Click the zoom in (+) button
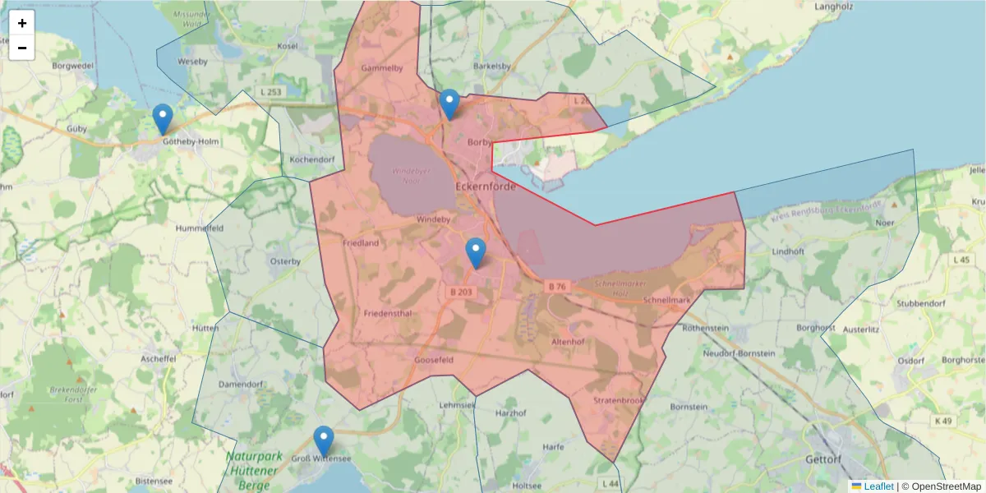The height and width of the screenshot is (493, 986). (x=22, y=23)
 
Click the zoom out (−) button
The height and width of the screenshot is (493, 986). (x=22, y=48)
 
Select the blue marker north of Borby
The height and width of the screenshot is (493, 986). (x=449, y=104)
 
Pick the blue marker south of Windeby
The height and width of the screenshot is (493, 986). (x=476, y=253)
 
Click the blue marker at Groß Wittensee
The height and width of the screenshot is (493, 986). (x=324, y=441)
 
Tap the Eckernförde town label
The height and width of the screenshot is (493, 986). (x=486, y=187)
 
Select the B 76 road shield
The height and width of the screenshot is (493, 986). (x=556, y=286)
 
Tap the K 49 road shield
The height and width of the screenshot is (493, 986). (x=944, y=421)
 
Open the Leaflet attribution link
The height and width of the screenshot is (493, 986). (x=878, y=486)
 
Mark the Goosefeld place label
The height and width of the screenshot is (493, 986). (x=435, y=360)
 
